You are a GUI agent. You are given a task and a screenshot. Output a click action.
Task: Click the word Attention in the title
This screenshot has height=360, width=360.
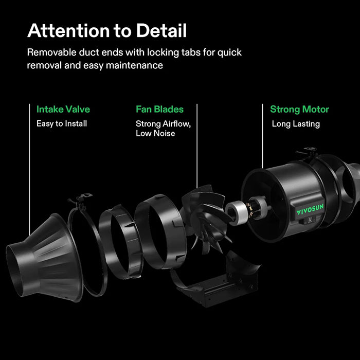[x=68, y=30]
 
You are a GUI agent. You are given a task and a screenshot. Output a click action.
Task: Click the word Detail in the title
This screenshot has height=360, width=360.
[x=161, y=30]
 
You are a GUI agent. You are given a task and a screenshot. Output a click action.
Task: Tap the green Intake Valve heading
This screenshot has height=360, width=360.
[x=63, y=109]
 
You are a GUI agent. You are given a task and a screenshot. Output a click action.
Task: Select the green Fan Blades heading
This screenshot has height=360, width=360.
[x=159, y=109]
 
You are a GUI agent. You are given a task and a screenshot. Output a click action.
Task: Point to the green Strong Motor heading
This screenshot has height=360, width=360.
[x=299, y=110]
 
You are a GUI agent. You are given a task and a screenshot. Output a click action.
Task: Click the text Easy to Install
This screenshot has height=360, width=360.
[x=62, y=123]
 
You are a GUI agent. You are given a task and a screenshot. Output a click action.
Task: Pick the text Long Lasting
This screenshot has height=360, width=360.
[x=296, y=124]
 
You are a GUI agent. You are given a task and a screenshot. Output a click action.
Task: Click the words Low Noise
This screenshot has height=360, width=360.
[x=155, y=133]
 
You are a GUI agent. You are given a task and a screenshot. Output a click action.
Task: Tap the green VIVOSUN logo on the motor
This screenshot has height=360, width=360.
[x=310, y=209]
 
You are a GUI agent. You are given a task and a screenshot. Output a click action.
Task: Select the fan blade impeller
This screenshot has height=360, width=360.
[x=206, y=219]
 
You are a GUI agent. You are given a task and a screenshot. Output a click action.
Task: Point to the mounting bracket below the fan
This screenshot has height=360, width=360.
[x=218, y=285]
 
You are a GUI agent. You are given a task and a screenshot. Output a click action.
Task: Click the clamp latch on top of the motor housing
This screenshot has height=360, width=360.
[x=307, y=152]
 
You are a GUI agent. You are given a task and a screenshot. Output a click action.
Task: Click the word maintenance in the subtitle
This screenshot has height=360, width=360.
[x=134, y=65]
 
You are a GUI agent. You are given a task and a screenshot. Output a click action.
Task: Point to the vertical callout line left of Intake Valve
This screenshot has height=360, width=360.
[x=30, y=169]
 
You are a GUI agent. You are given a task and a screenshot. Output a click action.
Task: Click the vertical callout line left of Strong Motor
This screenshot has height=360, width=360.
[x=263, y=136]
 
